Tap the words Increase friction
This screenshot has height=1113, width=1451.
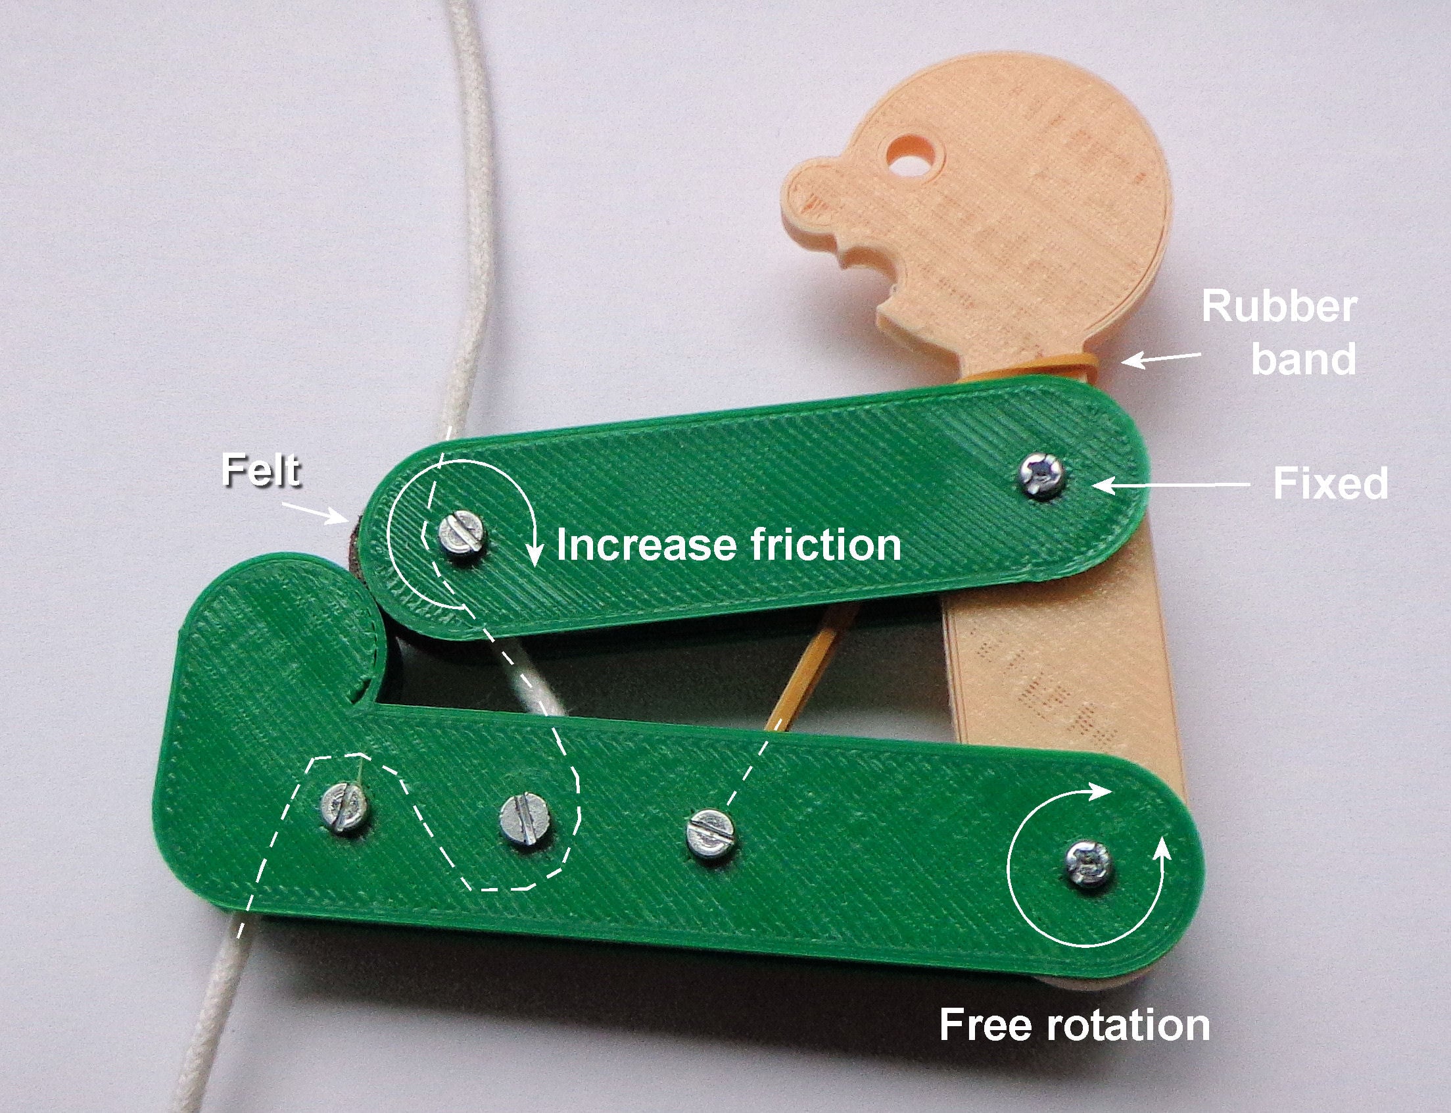(x=728, y=545)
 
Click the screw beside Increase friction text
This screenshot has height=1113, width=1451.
(x=462, y=539)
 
